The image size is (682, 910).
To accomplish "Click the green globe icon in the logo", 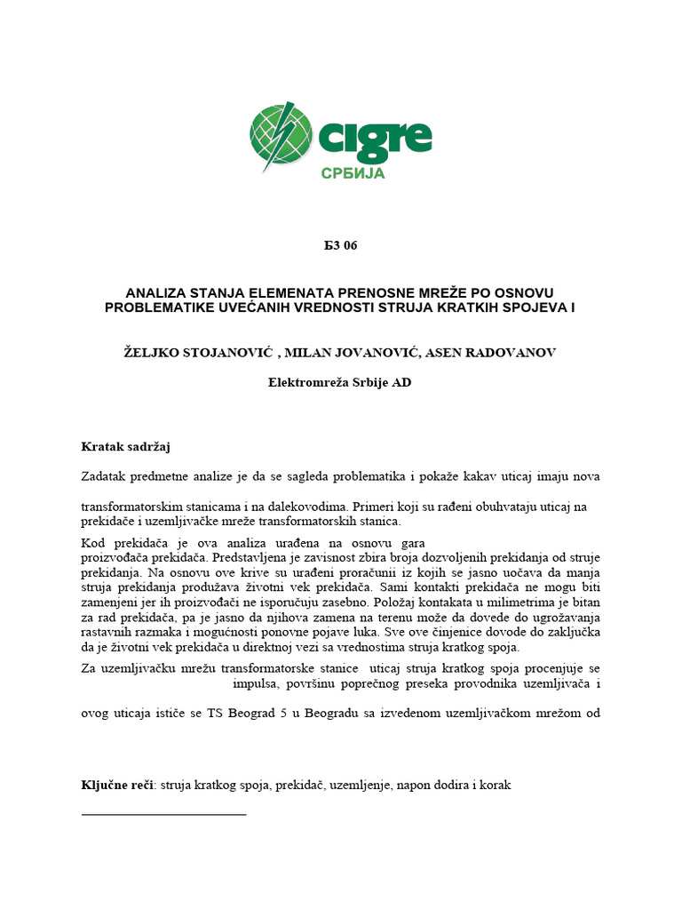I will (x=282, y=138).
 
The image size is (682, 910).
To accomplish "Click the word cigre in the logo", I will (x=374, y=138).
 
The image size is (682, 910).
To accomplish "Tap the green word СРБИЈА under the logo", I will (x=353, y=173).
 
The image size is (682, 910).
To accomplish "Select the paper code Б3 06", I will (x=340, y=246).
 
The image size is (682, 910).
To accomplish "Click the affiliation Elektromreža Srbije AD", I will (x=340, y=383).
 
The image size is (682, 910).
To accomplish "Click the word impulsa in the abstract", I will (x=254, y=684).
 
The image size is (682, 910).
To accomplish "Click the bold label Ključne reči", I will (x=115, y=786).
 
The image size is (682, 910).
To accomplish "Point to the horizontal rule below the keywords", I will (x=163, y=813).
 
